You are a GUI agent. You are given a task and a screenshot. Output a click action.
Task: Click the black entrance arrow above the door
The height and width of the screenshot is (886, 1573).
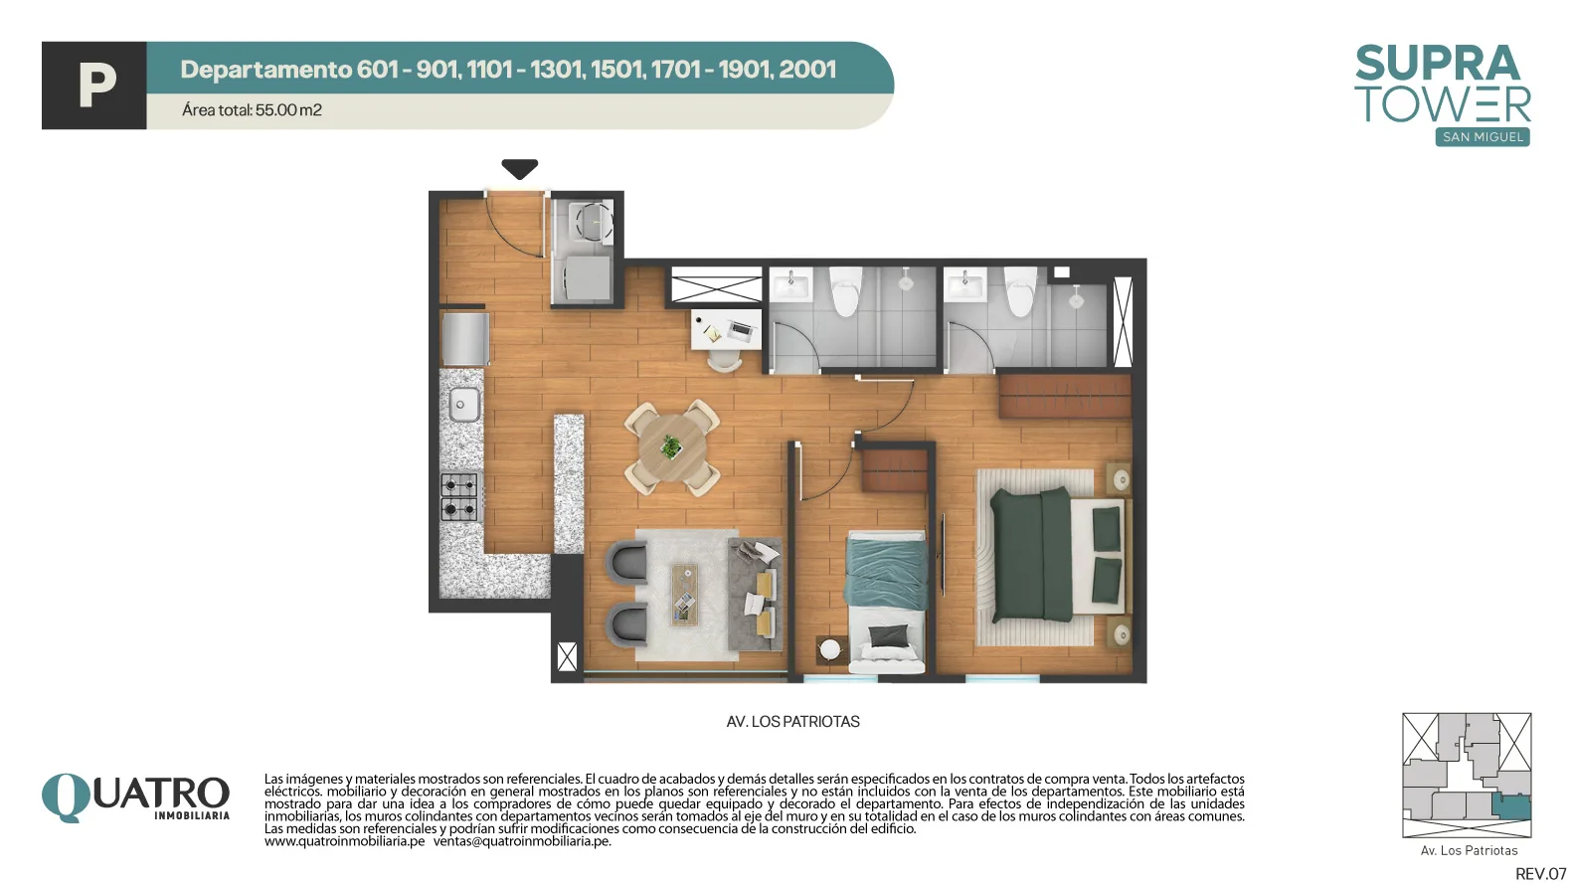click(x=520, y=168)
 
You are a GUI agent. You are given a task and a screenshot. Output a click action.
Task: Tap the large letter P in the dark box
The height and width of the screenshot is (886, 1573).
click(x=96, y=85)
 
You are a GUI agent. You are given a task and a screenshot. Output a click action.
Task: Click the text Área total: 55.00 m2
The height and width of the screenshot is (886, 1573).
click(x=252, y=110)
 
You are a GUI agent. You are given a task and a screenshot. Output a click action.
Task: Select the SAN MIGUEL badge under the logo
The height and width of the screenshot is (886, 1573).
click(x=1483, y=137)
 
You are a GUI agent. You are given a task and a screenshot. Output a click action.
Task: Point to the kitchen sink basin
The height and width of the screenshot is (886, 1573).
click(x=463, y=405)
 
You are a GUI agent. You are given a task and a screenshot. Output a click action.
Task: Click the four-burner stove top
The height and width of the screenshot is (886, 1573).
click(x=459, y=497)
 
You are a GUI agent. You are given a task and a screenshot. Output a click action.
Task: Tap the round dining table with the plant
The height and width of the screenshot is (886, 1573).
click(x=673, y=447)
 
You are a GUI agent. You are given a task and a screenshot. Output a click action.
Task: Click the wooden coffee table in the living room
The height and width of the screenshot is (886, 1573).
click(x=684, y=594)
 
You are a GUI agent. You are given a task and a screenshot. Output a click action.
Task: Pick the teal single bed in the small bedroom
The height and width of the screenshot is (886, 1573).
click(x=886, y=602)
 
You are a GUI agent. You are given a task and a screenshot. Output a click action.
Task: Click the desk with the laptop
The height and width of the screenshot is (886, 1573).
click(x=726, y=329)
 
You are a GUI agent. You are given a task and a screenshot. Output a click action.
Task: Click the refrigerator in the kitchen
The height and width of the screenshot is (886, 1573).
click(x=464, y=338)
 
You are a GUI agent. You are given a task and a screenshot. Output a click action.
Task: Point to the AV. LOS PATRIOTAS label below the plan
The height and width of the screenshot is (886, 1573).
click(x=792, y=722)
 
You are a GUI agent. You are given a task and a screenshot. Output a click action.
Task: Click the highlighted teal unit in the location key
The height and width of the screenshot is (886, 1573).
click(x=1510, y=807)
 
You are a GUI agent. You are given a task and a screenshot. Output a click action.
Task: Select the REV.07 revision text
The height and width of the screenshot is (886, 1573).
click(x=1541, y=874)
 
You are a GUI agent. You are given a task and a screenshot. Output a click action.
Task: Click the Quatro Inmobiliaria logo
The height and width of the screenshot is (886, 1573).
click(x=135, y=797)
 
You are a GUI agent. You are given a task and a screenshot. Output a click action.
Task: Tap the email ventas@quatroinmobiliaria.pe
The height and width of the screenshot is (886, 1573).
click(x=522, y=841)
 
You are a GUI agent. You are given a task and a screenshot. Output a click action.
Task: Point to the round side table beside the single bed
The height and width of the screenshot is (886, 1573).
click(x=830, y=648)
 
